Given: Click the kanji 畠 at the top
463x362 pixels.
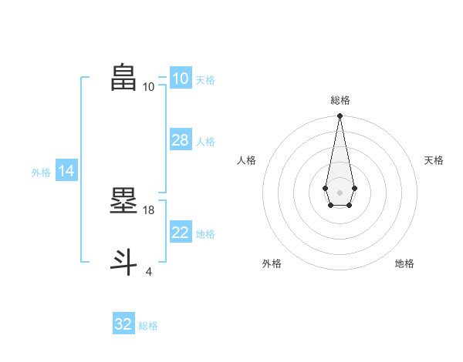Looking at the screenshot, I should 124,78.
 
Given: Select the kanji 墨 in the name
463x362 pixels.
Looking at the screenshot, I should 124,201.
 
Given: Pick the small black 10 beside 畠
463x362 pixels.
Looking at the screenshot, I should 149,87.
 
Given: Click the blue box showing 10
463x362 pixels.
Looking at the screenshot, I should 180,79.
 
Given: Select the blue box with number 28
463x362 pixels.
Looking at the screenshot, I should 180,140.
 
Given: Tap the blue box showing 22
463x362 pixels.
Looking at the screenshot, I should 180,233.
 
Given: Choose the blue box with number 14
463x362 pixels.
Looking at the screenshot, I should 66,171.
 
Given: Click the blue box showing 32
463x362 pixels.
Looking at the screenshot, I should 123,324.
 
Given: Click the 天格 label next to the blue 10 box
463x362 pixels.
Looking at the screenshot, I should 205,79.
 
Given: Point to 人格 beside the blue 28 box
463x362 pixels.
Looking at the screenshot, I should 205,141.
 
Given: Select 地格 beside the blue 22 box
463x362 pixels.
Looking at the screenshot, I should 205,233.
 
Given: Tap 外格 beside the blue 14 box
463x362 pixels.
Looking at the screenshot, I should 41,173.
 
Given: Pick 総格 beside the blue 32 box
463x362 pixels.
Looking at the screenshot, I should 148,326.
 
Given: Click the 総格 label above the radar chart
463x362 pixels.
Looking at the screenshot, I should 340,100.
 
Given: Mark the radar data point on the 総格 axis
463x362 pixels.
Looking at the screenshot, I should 340,116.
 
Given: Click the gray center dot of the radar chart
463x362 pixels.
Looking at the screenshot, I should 340,192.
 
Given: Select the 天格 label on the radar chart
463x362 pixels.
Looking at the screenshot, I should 434,160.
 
